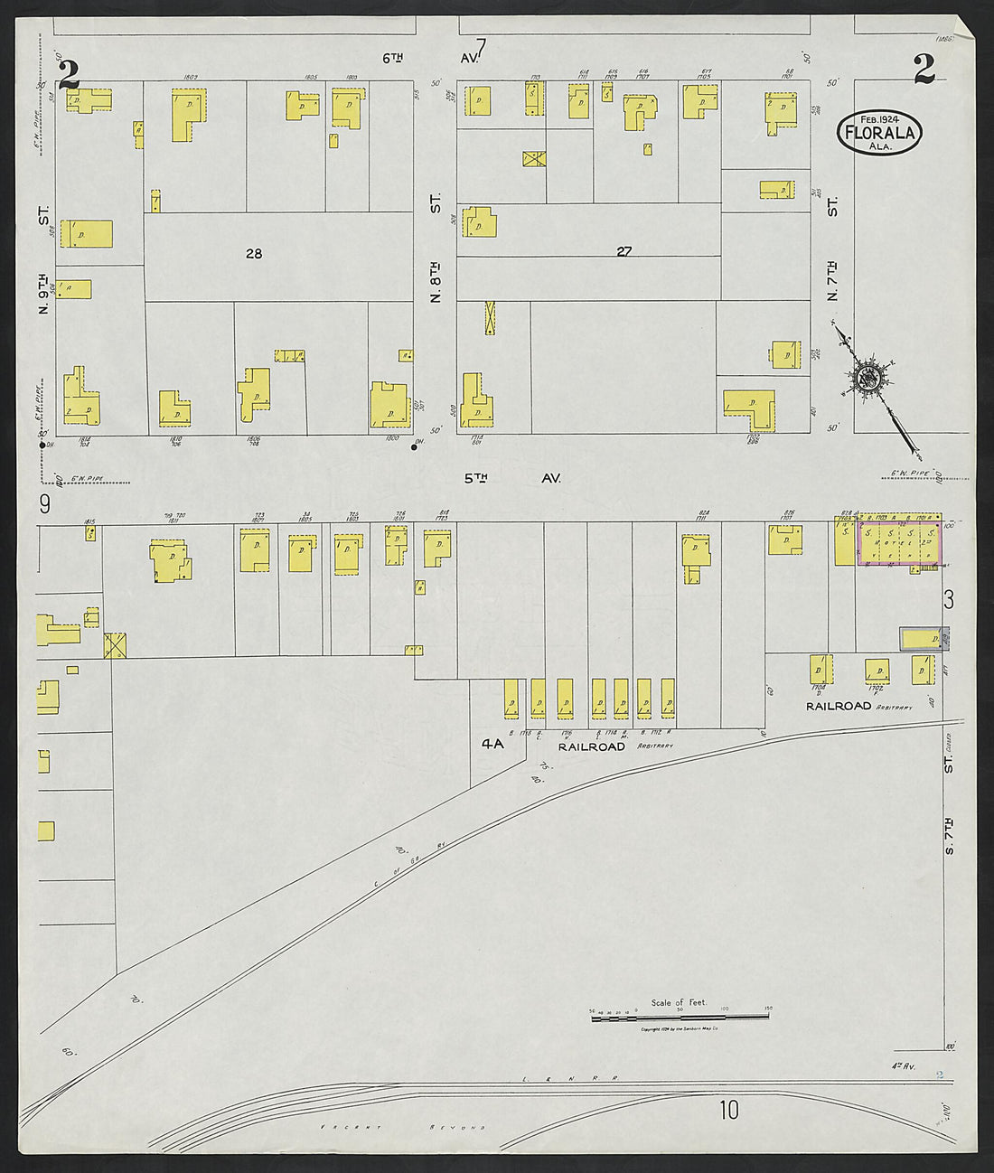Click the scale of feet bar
coord(680,1018)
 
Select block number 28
coord(254,254)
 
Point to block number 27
coord(624,252)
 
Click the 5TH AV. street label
coord(512,478)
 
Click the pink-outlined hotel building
coord(898,544)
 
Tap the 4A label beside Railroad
coord(492,745)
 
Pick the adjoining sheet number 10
coord(729,1109)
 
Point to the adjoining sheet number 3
coord(948,598)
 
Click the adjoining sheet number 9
coord(43,502)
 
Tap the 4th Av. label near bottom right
coord(905,1067)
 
